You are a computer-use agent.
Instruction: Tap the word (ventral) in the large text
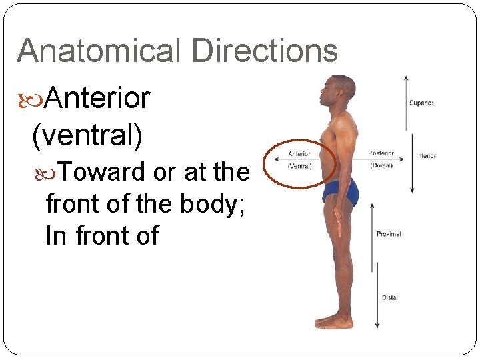pos(87,135)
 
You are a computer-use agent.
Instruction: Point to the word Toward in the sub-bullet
pos(103,172)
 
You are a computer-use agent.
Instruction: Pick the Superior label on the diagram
pos(421,103)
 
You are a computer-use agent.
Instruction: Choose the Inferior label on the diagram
pos(426,156)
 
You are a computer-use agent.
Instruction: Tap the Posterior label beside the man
pos(382,154)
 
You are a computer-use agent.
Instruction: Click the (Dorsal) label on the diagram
pos(382,165)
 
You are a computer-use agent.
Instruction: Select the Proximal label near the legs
pos(389,234)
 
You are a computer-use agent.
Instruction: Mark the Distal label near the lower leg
pos(390,297)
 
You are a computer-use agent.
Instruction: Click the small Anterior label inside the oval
pos(299,155)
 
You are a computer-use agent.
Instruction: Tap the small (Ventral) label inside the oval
pos(299,165)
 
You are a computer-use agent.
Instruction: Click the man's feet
pos(333,321)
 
